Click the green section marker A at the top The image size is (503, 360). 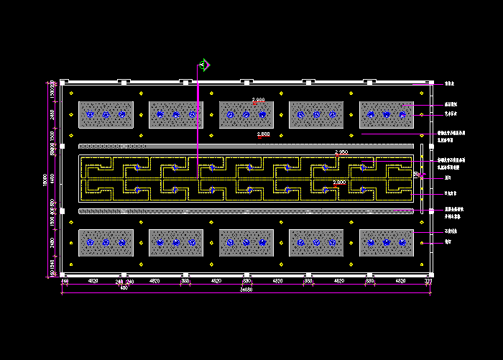point(203,65)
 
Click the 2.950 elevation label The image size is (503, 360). point(341,152)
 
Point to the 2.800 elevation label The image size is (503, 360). point(263,134)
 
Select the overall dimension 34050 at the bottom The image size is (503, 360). point(246,290)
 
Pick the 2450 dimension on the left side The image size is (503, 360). point(52,114)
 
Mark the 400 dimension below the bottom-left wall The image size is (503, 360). point(124,288)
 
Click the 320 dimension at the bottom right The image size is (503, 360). point(428,282)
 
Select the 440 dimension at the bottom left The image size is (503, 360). point(65,282)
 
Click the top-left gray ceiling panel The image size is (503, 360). point(106,115)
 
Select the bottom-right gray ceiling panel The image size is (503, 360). point(387,243)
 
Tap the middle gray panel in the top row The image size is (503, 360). point(246,115)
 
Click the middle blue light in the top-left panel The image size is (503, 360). point(106,114)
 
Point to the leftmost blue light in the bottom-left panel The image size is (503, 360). point(89,243)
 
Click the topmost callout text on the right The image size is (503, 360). point(451,85)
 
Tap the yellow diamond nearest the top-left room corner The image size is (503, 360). point(71,93)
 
